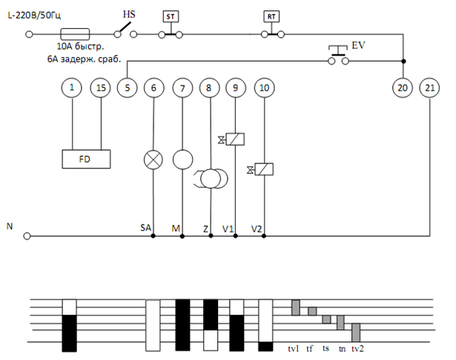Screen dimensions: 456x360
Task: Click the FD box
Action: click(x=86, y=159)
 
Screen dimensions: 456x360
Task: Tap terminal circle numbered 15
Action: click(x=101, y=88)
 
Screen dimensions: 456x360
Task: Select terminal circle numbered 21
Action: click(x=429, y=88)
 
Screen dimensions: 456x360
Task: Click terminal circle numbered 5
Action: click(x=127, y=88)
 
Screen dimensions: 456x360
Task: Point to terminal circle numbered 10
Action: click(x=264, y=88)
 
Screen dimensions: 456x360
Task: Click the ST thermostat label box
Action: click(x=171, y=16)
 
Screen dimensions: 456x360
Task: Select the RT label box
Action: click(x=271, y=16)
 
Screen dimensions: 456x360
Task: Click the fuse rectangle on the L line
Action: click(x=75, y=34)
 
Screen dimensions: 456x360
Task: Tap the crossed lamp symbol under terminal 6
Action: click(x=153, y=160)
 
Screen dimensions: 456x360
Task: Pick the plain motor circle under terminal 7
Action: click(x=182, y=160)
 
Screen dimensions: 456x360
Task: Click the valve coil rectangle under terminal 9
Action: click(x=235, y=139)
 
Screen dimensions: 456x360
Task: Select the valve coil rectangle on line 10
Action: click(x=264, y=169)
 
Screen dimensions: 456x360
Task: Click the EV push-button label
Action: click(x=358, y=45)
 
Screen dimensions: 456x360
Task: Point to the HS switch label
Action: click(x=129, y=14)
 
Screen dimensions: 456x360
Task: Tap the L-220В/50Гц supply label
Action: click(x=34, y=16)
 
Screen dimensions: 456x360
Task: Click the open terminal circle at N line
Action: click(x=27, y=236)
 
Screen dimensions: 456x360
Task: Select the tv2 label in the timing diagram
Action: click(x=357, y=348)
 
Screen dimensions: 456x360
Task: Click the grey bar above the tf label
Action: click(x=312, y=311)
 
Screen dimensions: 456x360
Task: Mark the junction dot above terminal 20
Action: click(x=403, y=61)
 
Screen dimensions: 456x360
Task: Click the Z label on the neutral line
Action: click(x=205, y=229)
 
